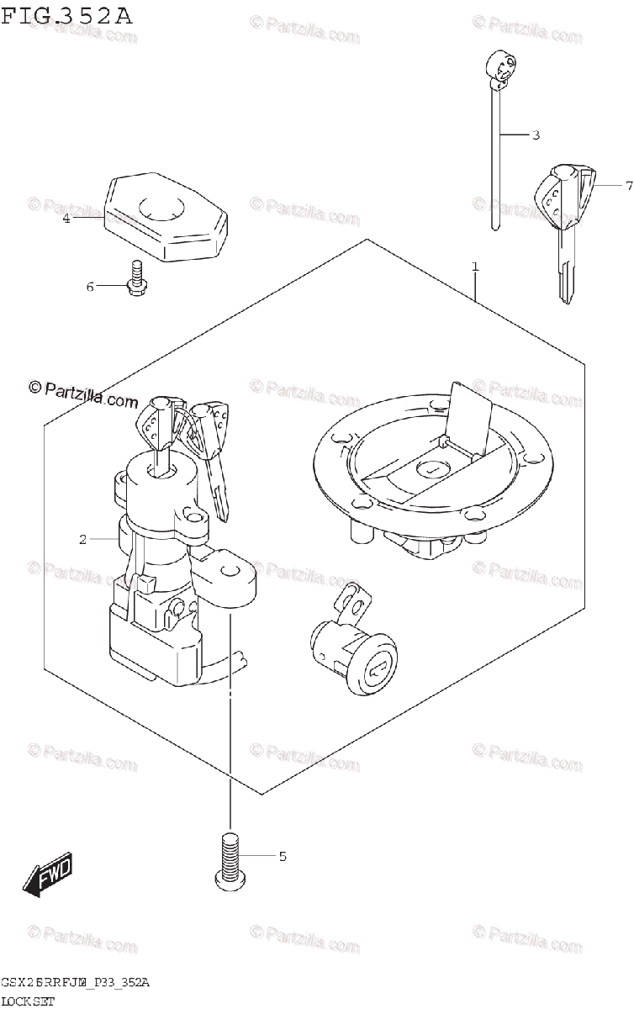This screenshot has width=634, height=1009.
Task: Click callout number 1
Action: coord(475,267)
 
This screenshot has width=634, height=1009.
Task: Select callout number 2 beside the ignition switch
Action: coord(82,539)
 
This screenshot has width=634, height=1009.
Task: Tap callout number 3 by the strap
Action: coord(535,135)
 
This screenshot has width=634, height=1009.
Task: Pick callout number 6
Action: coord(90,287)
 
